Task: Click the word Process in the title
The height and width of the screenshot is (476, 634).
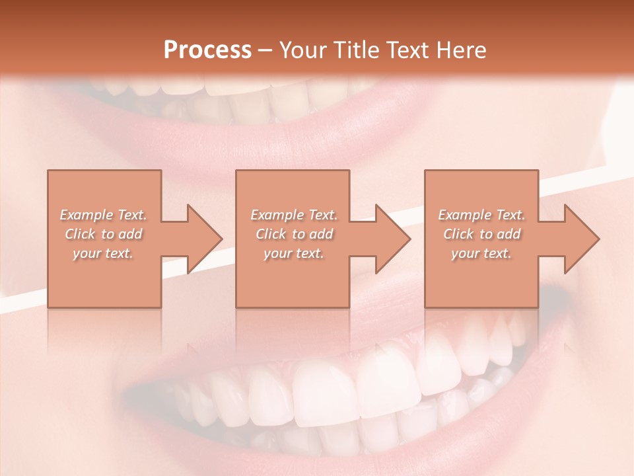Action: pyautogui.click(x=207, y=50)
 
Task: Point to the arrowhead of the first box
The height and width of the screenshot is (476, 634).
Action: pyautogui.click(x=204, y=239)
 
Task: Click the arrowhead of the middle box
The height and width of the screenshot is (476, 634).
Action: pyautogui.click(x=392, y=239)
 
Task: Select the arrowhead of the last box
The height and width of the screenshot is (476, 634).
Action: pyautogui.click(x=581, y=239)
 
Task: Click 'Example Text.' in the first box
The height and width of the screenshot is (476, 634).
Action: pyautogui.click(x=103, y=215)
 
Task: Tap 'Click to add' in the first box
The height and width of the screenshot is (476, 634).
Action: pyautogui.click(x=103, y=234)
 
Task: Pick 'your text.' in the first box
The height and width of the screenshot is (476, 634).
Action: pyautogui.click(x=103, y=253)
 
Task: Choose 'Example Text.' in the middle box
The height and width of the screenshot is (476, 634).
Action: pyautogui.click(x=293, y=215)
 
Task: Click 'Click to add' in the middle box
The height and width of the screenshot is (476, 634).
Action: pyautogui.click(x=293, y=234)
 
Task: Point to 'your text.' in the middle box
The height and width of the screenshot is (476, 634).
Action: pyautogui.click(x=293, y=253)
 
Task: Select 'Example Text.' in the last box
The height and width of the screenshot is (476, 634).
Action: pyautogui.click(x=481, y=215)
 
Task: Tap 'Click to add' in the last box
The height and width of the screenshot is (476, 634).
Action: pyautogui.click(x=481, y=234)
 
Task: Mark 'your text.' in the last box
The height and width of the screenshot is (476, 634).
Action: pyautogui.click(x=481, y=253)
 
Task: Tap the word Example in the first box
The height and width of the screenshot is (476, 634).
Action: pyautogui.click(x=86, y=215)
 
